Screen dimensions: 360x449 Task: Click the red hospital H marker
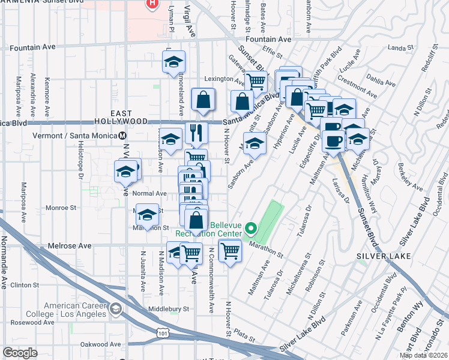153,3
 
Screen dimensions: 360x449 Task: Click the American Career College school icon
115,310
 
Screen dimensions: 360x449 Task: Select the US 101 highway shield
163,331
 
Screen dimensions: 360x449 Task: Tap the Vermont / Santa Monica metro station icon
122,136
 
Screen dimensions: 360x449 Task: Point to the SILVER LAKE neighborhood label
383,256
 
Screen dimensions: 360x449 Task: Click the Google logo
20,353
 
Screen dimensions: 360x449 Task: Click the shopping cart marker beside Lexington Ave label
256,81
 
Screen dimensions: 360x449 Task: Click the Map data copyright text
424,355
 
